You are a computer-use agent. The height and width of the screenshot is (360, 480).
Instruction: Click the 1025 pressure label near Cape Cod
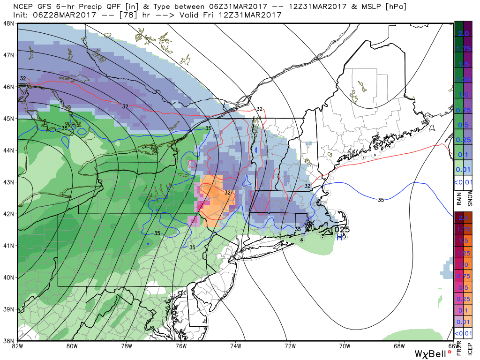341,230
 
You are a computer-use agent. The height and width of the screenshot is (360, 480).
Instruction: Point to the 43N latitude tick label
8,182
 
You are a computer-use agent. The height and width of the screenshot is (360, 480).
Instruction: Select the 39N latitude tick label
8,309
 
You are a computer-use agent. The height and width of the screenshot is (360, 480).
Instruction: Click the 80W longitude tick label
71,346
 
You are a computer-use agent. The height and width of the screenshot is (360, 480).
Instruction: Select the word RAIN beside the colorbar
459,200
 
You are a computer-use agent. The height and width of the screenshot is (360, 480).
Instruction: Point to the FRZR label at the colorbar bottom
459,349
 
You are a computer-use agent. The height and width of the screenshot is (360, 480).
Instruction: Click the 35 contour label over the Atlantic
381,200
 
